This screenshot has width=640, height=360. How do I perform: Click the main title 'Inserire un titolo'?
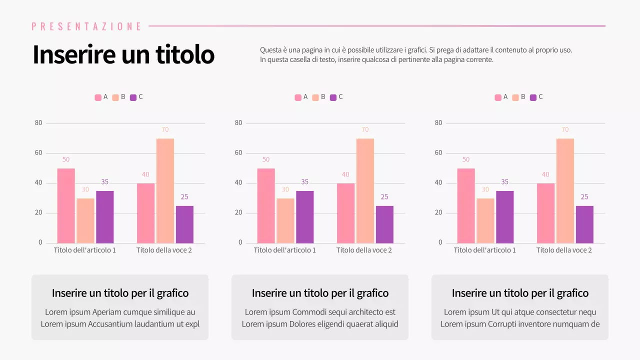(x=123, y=54)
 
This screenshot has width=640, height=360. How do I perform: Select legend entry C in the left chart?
(x=136, y=97)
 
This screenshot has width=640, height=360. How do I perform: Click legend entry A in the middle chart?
(x=301, y=97)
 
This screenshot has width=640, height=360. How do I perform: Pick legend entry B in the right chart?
(x=519, y=97)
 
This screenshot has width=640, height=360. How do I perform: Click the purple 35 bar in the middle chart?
(x=304, y=217)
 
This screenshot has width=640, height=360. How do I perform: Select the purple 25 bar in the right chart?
(x=584, y=224)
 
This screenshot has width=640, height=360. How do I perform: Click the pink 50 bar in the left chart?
(x=65, y=205)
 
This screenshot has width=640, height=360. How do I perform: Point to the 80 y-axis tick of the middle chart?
(x=238, y=123)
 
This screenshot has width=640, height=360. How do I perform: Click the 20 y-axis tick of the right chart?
(x=438, y=213)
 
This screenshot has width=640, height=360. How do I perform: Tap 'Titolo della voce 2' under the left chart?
(x=164, y=250)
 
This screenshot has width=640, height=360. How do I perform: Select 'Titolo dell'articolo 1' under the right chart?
(x=484, y=250)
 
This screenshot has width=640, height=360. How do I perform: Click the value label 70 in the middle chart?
(x=365, y=130)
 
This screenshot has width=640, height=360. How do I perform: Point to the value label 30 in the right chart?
(x=485, y=189)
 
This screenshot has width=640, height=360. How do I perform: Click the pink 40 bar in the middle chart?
(x=345, y=213)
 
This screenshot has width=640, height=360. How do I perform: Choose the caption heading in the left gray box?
(x=120, y=293)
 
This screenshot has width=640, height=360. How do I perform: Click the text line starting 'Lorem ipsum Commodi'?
(x=320, y=312)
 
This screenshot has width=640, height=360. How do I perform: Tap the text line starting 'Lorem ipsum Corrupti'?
(x=520, y=324)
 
